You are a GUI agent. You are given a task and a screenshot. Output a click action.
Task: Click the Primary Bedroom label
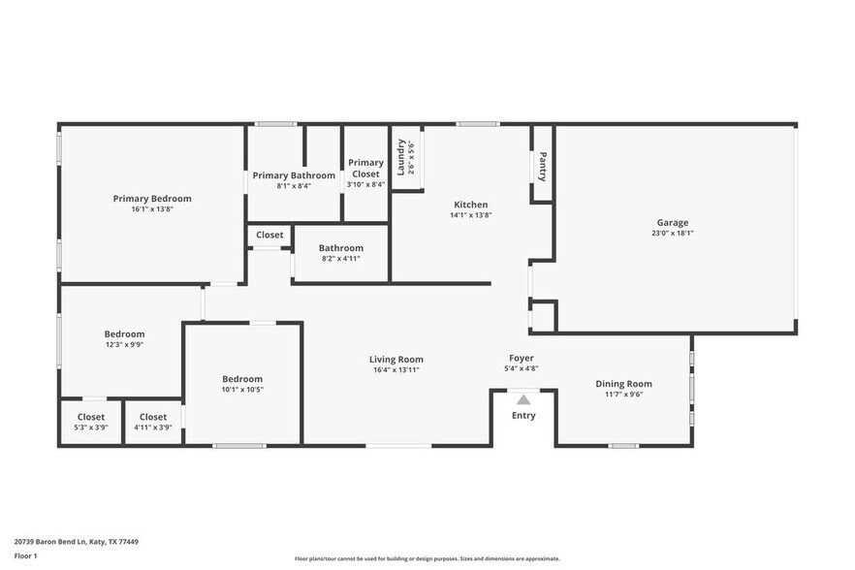(x=151, y=198)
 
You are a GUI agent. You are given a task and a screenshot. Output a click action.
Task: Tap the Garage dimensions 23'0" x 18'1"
(x=672, y=233)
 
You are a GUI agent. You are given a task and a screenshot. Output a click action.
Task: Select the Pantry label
(x=542, y=167)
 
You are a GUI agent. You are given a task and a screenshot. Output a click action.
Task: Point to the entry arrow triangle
(x=523, y=398)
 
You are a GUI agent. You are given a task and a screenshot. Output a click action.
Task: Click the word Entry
(x=523, y=416)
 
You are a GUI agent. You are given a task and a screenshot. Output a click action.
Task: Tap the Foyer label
(x=522, y=358)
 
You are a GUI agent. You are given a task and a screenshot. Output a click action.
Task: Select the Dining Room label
(x=623, y=384)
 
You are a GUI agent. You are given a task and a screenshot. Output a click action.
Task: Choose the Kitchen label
(x=471, y=205)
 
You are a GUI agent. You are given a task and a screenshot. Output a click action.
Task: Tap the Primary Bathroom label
(x=294, y=175)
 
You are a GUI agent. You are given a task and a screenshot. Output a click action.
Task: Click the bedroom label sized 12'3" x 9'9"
(x=124, y=334)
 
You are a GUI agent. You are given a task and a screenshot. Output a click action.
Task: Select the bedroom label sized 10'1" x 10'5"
(x=241, y=379)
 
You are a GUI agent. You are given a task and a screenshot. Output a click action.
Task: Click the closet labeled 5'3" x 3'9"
(x=91, y=417)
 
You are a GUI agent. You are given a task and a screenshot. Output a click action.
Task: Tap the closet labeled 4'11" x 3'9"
(x=153, y=417)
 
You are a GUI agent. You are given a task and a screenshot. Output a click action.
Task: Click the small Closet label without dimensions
(x=269, y=235)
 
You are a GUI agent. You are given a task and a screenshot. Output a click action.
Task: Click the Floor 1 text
(x=26, y=555)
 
